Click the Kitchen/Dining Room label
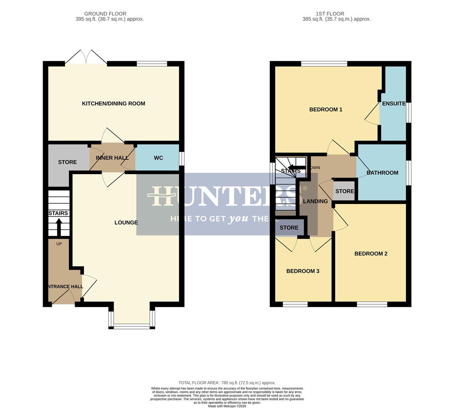(113, 104)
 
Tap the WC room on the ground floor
(158, 158)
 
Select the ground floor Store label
(67, 162)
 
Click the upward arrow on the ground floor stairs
(59, 226)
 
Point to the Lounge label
(126, 223)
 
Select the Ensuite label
(394, 104)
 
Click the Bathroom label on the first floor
(382, 173)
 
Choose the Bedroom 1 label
(326, 110)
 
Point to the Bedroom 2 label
(371, 253)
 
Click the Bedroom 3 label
(303, 271)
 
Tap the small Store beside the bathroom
(344, 191)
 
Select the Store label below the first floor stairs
(289, 227)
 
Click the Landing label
(315, 201)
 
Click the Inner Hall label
(112, 158)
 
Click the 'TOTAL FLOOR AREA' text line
(227, 383)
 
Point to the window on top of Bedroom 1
(324, 63)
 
